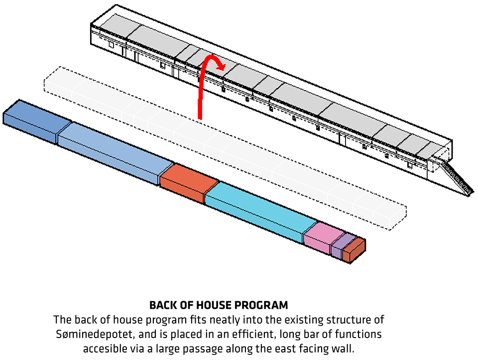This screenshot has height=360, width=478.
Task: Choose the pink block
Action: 319,237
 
